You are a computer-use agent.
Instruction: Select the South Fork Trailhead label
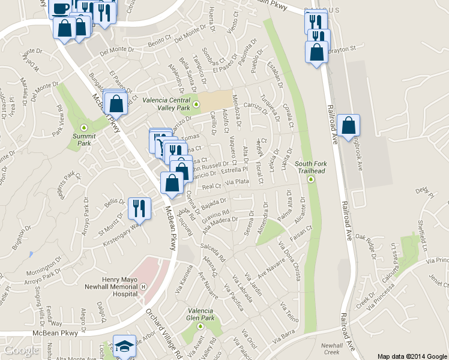(x=310, y=167)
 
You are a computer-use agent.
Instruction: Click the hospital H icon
(x=143, y=286)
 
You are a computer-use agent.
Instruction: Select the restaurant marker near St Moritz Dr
(x=139, y=208)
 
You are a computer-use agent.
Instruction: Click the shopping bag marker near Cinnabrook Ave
(x=348, y=125)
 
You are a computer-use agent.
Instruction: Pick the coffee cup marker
(x=60, y=8)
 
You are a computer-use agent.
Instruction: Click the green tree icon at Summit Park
(x=84, y=127)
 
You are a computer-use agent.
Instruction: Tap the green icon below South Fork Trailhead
(x=311, y=179)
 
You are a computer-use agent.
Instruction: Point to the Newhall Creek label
(x=331, y=349)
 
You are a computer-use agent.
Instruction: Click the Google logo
(x=21, y=351)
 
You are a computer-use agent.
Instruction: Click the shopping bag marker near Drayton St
(x=317, y=52)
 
